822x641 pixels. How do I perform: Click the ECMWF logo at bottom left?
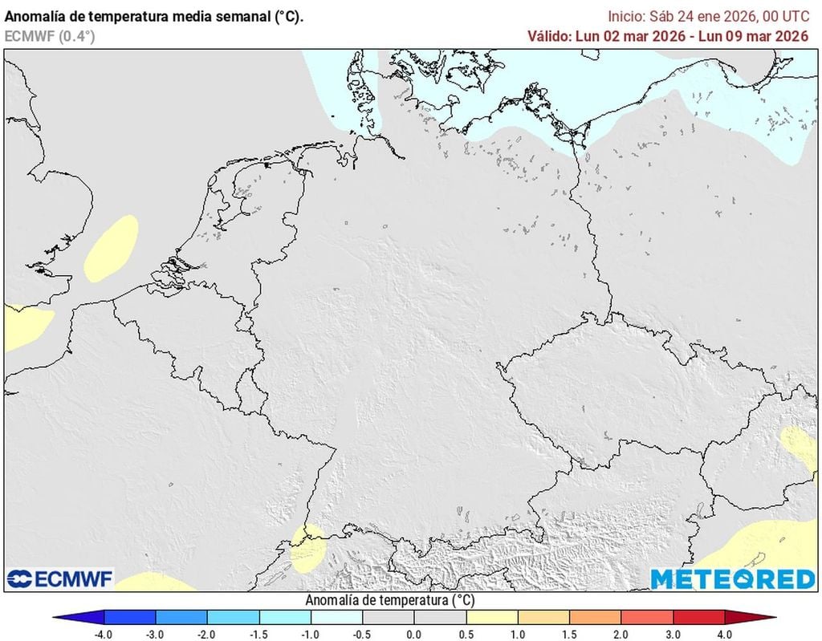pyautogui.click(x=60, y=578)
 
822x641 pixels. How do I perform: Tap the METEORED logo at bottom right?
pyautogui.click(x=732, y=578)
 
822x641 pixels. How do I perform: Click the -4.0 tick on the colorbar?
pyautogui.click(x=104, y=634)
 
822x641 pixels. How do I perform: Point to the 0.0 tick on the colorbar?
pyautogui.click(x=413, y=634)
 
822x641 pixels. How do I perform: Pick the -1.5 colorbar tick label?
pyautogui.click(x=258, y=634)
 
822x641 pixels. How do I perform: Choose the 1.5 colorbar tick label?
pyautogui.click(x=570, y=634)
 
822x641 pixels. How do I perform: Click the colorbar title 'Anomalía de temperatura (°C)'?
pyautogui.click(x=391, y=600)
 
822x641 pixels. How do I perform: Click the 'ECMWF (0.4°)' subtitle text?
pyautogui.click(x=51, y=36)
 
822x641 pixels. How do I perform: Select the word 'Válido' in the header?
pyautogui.click(x=549, y=35)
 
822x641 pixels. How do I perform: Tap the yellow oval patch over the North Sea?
pyautogui.click(x=110, y=247)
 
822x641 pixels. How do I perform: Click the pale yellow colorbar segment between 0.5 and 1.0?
pyautogui.click(x=491, y=618)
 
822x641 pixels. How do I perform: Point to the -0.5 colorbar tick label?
pyautogui.click(x=362, y=634)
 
